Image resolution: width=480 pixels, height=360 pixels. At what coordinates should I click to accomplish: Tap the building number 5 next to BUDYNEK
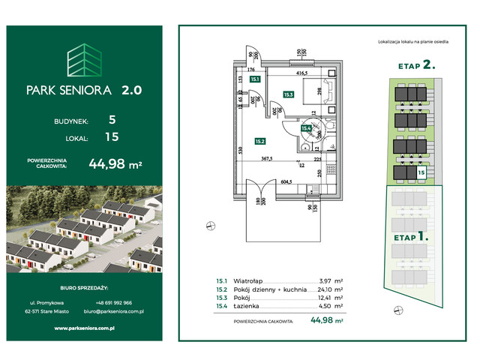[112, 118]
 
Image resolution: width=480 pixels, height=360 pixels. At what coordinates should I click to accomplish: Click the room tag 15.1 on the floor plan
[255, 78]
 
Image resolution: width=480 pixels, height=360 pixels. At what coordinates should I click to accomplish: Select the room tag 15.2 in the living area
[259, 140]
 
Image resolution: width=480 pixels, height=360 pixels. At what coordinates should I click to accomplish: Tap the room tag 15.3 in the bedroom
[288, 94]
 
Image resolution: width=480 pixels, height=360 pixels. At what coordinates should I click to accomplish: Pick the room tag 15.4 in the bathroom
[305, 128]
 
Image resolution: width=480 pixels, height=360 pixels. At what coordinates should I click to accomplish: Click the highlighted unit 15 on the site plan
[421, 173]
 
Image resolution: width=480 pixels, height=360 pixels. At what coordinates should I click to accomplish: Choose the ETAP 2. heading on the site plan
[416, 65]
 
